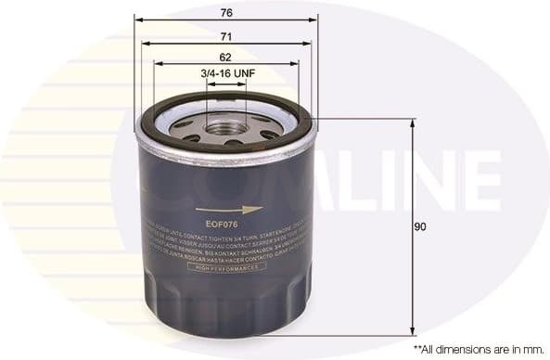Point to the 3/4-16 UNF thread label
click(x=227, y=73)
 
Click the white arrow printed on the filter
click(x=243, y=210)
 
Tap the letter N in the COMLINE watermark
click(x=434, y=180)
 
